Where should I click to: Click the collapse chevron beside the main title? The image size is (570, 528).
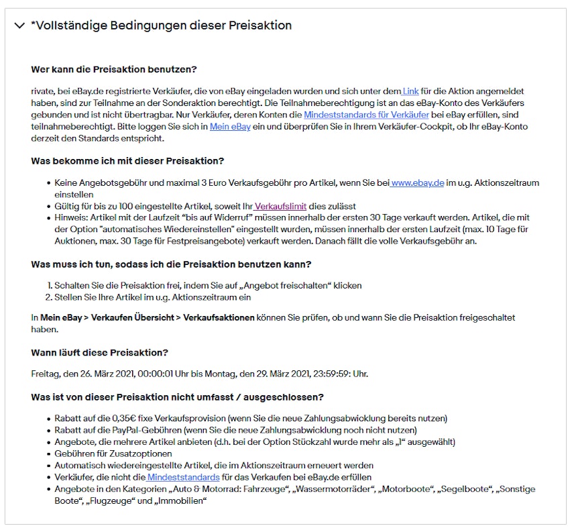[x=19, y=26]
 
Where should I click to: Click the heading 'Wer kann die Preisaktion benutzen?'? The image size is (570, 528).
[x=114, y=70]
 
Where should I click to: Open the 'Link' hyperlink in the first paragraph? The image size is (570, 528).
[x=410, y=91]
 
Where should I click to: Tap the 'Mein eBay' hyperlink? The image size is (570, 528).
[x=230, y=127]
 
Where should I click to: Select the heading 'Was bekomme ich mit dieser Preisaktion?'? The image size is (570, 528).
[x=127, y=161]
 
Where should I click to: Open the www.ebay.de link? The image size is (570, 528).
[x=418, y=182]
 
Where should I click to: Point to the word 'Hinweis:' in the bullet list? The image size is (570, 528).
[x=72, y=218]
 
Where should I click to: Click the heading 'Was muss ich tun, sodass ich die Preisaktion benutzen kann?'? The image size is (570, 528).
[x=171, y=264]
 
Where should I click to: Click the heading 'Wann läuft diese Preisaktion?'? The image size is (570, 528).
[x=99, y=353]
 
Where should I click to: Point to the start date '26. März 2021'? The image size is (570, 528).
[x=106, y=374]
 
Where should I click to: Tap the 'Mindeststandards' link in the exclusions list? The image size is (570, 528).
[x=183, y=477]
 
